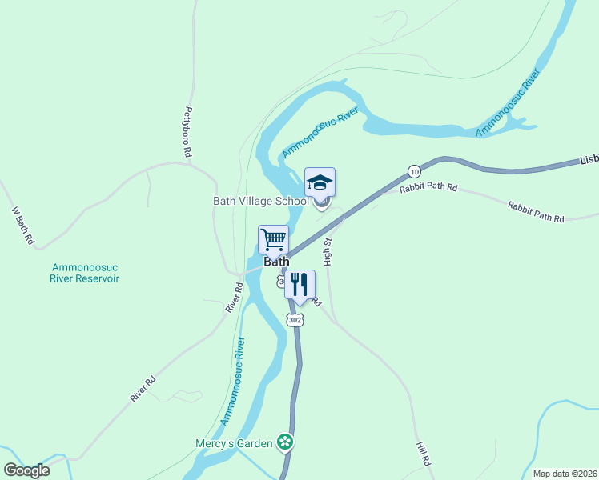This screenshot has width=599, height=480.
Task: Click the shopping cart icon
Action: point(273,239)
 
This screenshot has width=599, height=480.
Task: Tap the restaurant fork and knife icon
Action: point(299,284)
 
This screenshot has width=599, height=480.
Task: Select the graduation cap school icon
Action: point(320,182)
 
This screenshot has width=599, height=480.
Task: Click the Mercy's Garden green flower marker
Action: point(283,442)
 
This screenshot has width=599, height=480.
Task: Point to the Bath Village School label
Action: point(260,202)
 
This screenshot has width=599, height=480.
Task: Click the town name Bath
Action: point(276,262)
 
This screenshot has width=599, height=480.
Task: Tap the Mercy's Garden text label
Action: point(234,442)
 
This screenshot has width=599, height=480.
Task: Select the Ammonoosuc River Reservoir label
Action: point(85,273)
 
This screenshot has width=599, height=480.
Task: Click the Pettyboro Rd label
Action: point(189,131)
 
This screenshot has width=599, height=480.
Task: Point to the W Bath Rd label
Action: point(23,226)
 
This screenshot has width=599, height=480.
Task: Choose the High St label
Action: point(328,251)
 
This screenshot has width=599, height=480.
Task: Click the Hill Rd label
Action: point(423,453)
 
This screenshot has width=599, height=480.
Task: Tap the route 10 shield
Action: point(413,171)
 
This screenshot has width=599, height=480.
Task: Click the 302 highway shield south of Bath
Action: point(295,319)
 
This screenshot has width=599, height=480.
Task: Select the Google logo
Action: point(26,470)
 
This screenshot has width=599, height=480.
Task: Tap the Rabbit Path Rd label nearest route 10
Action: point(430,189)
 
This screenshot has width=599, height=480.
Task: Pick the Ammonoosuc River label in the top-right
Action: point(509,102)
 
